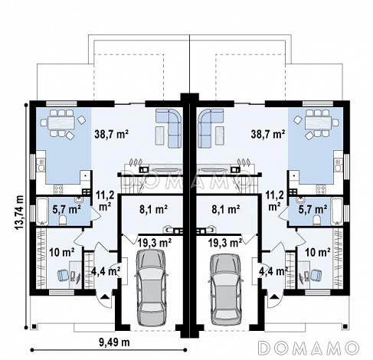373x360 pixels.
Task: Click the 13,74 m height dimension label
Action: click(x=19, y=213)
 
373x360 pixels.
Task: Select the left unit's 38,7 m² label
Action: click(x=111, y=134)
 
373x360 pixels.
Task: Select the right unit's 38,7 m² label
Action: click(x=268, y=134)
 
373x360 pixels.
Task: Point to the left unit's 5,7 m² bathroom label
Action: click(x=67, y=209)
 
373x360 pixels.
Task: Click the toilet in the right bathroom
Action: click(x=317, y=220)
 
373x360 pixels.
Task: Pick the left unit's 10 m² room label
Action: click(x=62, y=253)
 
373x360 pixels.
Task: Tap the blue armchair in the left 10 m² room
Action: click(x=63, y=275)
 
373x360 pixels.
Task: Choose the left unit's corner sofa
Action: click(x=169, y=128)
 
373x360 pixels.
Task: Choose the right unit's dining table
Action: click(x=318, y=123)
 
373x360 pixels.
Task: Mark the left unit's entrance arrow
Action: click(x=105, y=296)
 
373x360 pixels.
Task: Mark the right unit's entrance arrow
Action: click(x=274, y=296)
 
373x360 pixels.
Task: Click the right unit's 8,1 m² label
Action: click(x=226, y=209)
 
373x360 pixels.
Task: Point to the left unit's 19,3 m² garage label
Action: click(x=155, y=243)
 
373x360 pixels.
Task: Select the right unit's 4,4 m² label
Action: click(x=273, y=271)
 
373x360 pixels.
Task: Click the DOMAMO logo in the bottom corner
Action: click(x=309, y=348)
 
